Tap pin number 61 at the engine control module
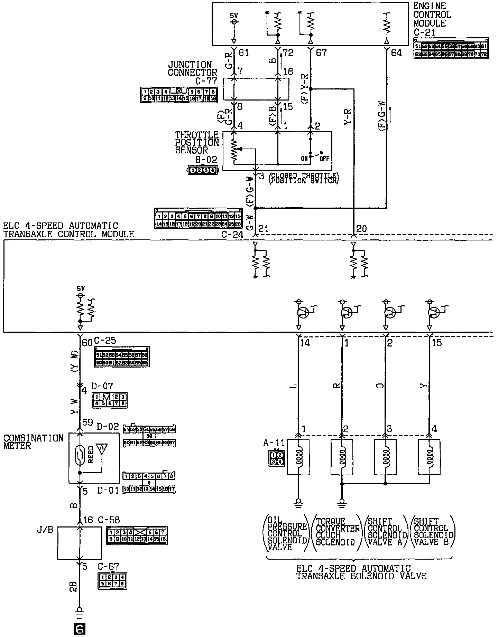click(x=243, y=53)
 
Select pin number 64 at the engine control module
click(x=396, y=53)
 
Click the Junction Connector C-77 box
click(x=256, y=89)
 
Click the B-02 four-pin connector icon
click(x=203, y=170)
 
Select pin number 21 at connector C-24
click(x=264, y=229)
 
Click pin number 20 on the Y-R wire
click(x=361, y=229)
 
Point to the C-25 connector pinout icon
click(x=122, y=357)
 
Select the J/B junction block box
click(x=80, y=543)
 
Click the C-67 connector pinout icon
click(x=112, y=581)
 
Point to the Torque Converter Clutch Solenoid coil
click(x=342, y=458)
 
